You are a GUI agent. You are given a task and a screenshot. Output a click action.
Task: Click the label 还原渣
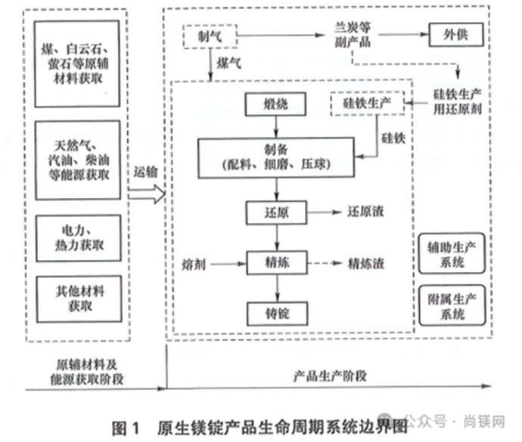[365, 212]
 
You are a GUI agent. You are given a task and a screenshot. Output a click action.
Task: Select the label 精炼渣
[366, 264]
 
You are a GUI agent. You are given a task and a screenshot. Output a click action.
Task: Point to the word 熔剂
[194, 265]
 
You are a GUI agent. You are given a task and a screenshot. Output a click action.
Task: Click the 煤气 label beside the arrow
[228, 63]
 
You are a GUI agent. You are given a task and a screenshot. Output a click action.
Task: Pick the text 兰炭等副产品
[353, 35]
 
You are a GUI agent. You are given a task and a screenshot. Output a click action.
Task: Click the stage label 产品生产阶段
[330, 376]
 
